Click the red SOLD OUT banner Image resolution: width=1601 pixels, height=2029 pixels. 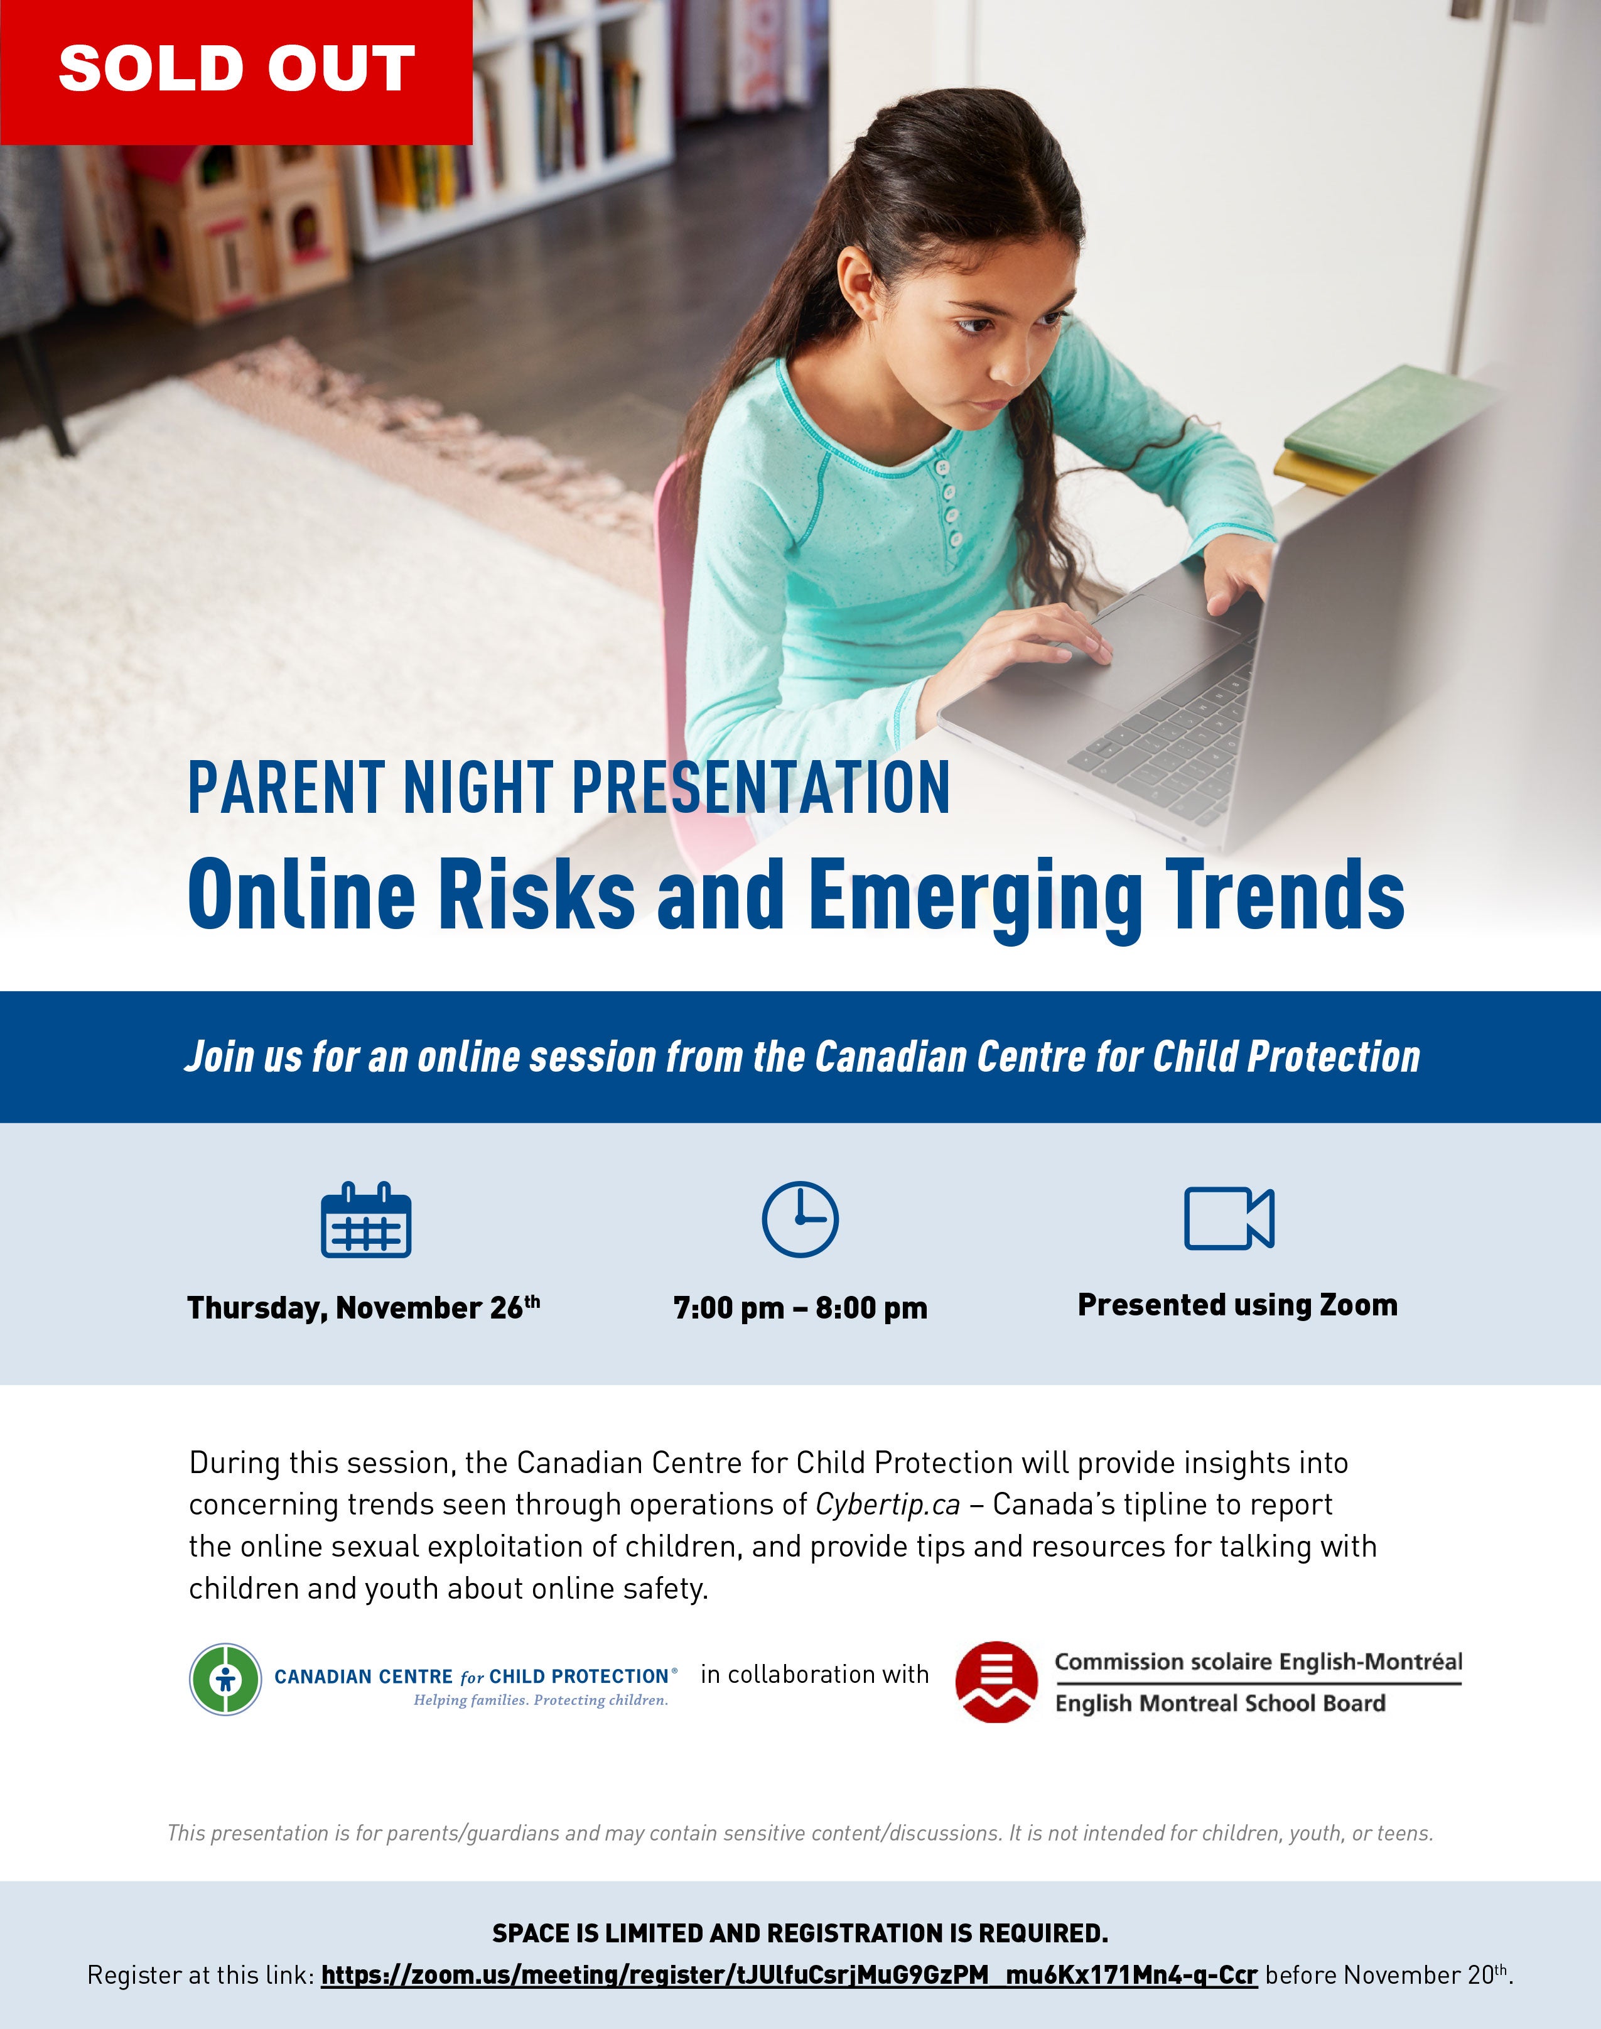(235, 72)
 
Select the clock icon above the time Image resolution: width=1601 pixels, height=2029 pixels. (800, 1219)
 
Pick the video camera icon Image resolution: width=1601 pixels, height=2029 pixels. (1229, 1218)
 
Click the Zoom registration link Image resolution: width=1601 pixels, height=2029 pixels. (789, 1974)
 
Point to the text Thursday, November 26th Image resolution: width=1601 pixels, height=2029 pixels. (364, 1307)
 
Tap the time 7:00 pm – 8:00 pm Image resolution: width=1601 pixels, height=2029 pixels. (800, 1307)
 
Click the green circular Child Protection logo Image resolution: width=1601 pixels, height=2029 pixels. (225, 1679)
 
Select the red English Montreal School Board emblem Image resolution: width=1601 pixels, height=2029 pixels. (996, 1681)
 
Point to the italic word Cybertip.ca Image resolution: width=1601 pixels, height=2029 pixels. (888, 1504)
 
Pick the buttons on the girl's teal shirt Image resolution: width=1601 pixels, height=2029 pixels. (949, 503)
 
